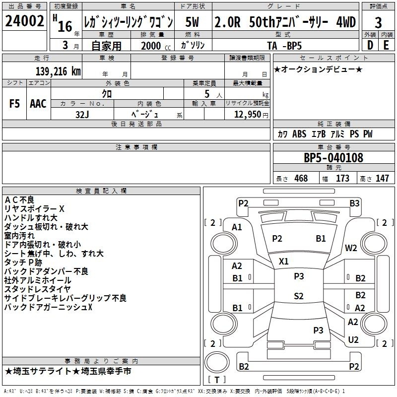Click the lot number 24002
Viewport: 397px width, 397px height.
[x=24, y=21]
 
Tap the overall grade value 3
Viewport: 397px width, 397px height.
[x=378, y=23]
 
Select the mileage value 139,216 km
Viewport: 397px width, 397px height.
[x=58, y=71]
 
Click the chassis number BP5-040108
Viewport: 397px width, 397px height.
[x=333, y=157]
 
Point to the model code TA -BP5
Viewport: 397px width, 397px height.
[x=284, y=46]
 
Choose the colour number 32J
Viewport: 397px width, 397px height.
[x=82, y=115]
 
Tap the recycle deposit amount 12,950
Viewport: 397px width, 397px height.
[x=248, y=114]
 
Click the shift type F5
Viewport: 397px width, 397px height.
[x=14, y=104]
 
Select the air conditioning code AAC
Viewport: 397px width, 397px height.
[x=38, y=104]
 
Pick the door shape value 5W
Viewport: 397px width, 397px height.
[x=192, y=22]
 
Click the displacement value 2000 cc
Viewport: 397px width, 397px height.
[x=156, y=46]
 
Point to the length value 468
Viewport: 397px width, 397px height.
[x=301, y=178]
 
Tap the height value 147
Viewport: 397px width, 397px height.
[x=382, y=178]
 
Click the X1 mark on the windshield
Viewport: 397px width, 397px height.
[x=283, y=262]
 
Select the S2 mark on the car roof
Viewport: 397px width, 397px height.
[x=299, y=296]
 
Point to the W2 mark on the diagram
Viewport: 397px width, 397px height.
[x=351, y=248]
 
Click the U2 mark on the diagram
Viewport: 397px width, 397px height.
[x=353, y=340]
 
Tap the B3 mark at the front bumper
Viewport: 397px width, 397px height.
[x=354, y=203]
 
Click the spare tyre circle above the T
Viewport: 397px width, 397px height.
[x=217, y=362]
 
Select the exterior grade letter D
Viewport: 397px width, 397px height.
[x=370, y=45]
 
